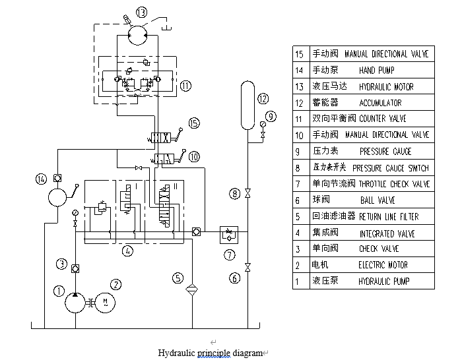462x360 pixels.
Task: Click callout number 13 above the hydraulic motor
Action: (143, 13)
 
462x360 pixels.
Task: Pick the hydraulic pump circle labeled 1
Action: (78, 303)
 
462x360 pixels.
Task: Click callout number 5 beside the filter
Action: (178, 278)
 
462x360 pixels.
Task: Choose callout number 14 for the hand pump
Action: (42, 179)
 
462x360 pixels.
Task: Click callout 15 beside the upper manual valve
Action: (193, 123)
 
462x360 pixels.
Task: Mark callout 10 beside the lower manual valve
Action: (193, 157)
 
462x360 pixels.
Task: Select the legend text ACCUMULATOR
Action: (380, 103)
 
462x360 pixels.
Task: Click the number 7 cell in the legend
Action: (299, 184)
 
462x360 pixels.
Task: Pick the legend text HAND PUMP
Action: (378, 70)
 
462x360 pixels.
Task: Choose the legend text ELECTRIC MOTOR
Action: (383, 265)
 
